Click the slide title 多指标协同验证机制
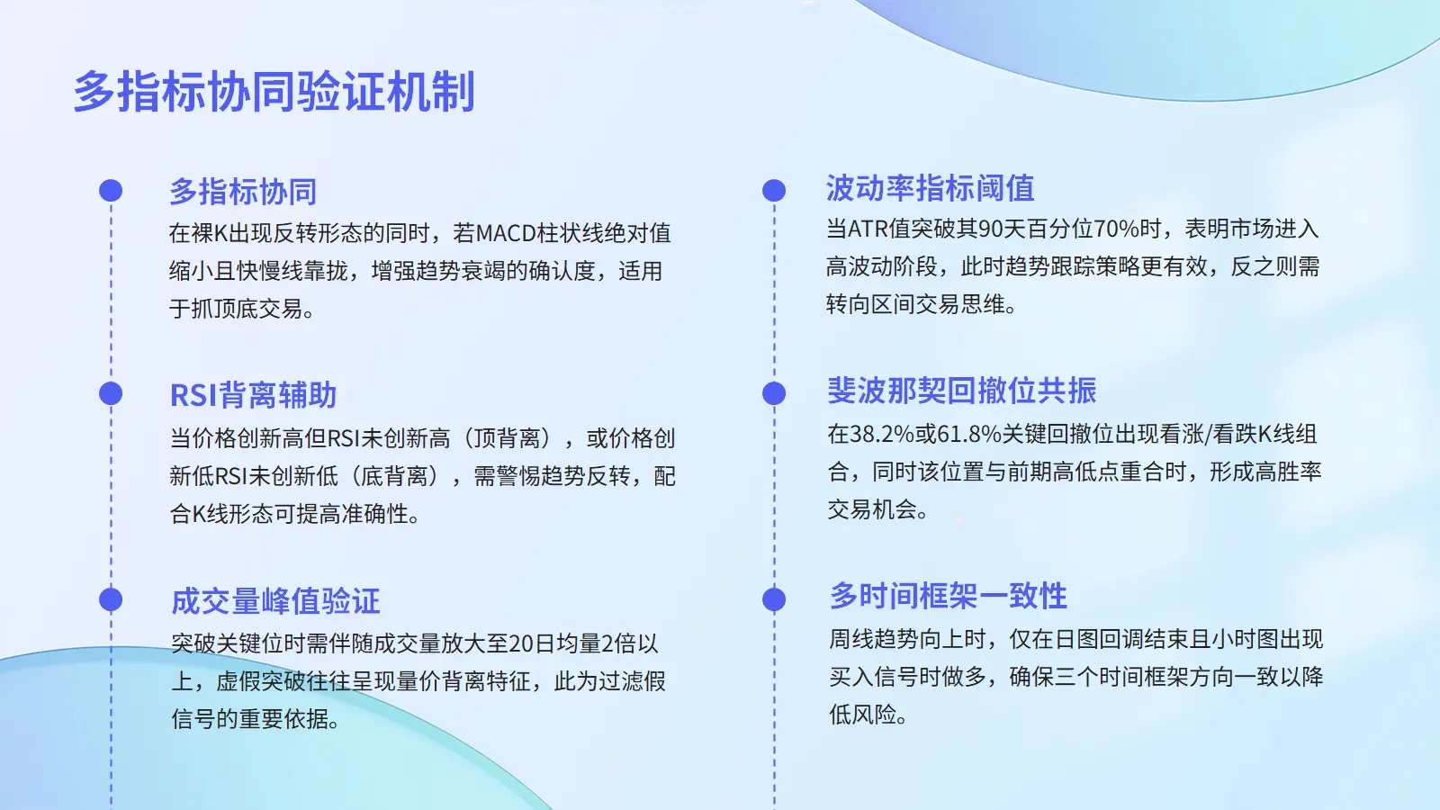click(x=274, y=92)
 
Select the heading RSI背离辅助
click(x=253, y=395)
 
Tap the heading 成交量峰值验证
click(x=275, y=600)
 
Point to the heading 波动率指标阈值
click(x=931, y=188)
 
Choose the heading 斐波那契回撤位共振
click(x=962, y=391)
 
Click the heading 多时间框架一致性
click(x=949, y=595)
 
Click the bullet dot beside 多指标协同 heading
click(x=111, y=191)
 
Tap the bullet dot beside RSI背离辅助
click(x=111, y=394)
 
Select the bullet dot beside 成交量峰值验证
click(x=111, y=599)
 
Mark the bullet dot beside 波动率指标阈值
click(x=774, y=191)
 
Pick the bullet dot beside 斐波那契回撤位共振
click(x=774, y=394)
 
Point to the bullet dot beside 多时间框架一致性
click(x=774, y=599)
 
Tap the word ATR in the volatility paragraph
click(x=868, y=229)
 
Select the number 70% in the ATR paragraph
click(x=1116, y=229)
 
